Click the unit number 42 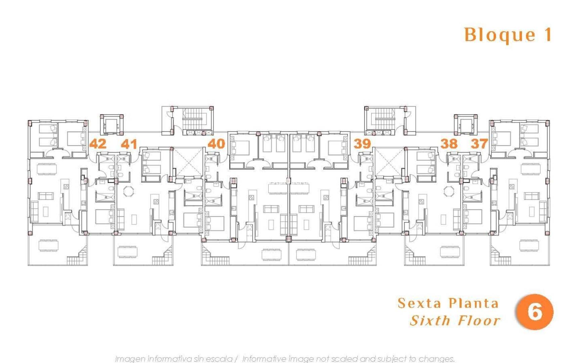click(x=98, y=144)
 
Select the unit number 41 click(x=129, y=144)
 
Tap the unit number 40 click(x=216, y=144)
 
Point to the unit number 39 click(x=362, y=144)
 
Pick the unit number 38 click(x=449, y=144)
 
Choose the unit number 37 click(x=479, y=144)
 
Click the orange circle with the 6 click(x=535, y=312)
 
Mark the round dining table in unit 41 click(x=128, y=192)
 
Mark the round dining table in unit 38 click(x=449, y=192)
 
